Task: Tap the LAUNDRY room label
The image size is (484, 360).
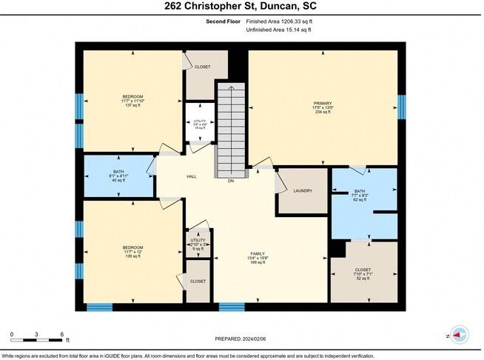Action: pos(303,191)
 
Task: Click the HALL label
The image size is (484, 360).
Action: pos(191,176)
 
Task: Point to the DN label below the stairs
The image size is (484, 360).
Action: pos(231,181)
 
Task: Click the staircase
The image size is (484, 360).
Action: pos(229,129)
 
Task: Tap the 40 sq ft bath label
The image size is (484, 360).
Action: pos(119,175)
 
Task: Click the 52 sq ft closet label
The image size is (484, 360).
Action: pos(363,274)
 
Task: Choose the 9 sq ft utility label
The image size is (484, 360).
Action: pos(198,244)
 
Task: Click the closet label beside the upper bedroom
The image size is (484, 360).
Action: pos(202,67)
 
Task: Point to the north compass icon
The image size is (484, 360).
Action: pos(459,335)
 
